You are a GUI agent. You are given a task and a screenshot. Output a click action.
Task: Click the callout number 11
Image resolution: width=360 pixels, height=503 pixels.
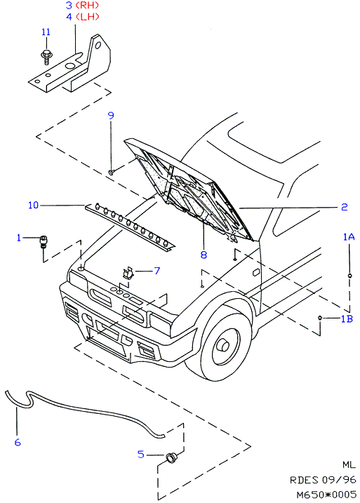(46, 32)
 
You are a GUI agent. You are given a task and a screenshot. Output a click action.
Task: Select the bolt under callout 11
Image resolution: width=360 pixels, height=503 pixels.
(46, 57)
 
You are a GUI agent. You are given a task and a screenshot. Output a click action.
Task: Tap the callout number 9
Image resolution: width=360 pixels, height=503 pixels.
(111, 116)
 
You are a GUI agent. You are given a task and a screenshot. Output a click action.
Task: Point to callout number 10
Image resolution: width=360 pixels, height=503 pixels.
(34, 205)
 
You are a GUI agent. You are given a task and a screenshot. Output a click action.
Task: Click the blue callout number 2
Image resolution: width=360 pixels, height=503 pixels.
(345, 207)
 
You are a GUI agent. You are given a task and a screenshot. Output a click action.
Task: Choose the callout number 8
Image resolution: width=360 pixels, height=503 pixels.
(204, 255)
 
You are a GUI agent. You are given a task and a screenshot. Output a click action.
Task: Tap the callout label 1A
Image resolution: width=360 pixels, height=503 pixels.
(349, 237)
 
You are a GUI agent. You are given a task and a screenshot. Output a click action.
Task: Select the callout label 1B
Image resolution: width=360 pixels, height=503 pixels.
(347, 318)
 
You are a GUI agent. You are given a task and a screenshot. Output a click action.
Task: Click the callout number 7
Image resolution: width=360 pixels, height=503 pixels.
(157, 271)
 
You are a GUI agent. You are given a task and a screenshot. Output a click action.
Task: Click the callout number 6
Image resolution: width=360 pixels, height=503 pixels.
(18, 443)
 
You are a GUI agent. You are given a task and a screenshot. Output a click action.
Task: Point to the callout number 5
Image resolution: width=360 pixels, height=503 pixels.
(141, 454)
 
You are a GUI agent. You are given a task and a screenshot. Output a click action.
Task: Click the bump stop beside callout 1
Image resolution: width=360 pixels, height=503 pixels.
(43, 242)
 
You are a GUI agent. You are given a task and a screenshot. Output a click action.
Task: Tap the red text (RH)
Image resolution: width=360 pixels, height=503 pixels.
(87, 6)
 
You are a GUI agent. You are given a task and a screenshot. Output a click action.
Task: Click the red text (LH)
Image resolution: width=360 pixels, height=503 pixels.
(87, 17)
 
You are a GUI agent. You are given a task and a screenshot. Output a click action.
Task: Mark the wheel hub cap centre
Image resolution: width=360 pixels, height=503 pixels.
(222, 345)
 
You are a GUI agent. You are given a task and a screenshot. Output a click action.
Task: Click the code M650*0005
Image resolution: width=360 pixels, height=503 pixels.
(326, 495)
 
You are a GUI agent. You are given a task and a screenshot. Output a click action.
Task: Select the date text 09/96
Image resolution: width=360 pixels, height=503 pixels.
(339, 480)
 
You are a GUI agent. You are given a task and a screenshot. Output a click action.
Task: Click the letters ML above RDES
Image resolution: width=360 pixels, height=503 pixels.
(349, 465)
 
